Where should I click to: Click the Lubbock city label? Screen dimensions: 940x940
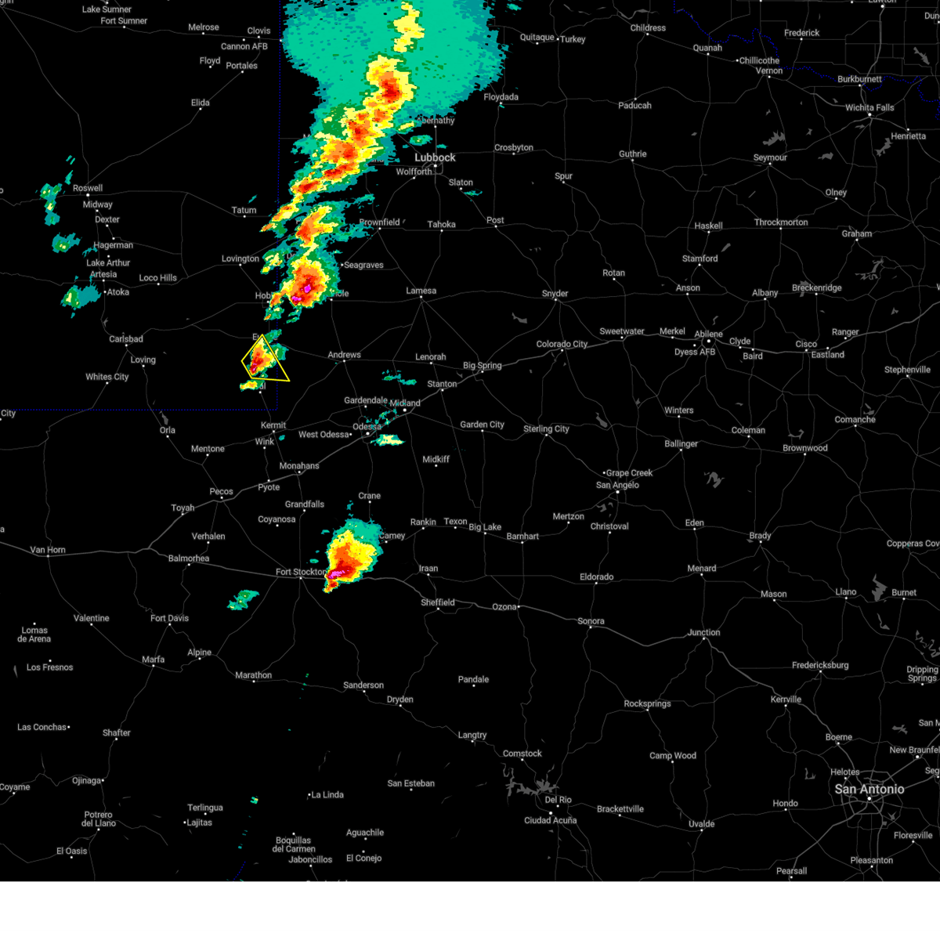pos(435,157)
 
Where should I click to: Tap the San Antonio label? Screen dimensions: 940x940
pos(869,789)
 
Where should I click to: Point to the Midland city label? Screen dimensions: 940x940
pos(405,403)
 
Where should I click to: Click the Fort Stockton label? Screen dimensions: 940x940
pos(301,572)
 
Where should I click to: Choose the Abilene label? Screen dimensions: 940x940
pos(708,334)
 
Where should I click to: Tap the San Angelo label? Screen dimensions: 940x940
pos(617,485)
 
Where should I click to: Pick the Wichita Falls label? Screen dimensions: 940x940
pos(869,108)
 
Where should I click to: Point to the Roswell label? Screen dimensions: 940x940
pos(88,188)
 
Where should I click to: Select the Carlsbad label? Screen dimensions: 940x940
pos(126,339)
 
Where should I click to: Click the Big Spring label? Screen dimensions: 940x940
pos(483,365)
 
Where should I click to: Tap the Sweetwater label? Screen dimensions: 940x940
pos(622,331)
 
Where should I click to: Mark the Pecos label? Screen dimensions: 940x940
pos(221,492)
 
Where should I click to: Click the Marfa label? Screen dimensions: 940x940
pos(154,660)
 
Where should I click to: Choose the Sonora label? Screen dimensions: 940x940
pos(591,621)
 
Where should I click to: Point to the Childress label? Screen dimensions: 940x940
pos(648,28)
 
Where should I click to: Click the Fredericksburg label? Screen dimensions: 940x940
pos(820,665)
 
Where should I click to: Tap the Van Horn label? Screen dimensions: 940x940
pos(48,550)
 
